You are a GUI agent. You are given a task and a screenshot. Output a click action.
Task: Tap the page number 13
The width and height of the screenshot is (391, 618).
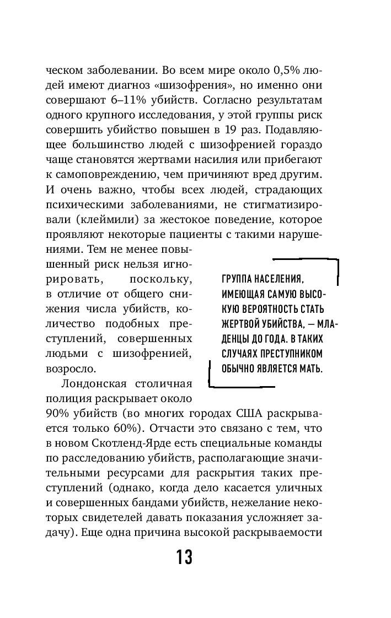tap(185, 557)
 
